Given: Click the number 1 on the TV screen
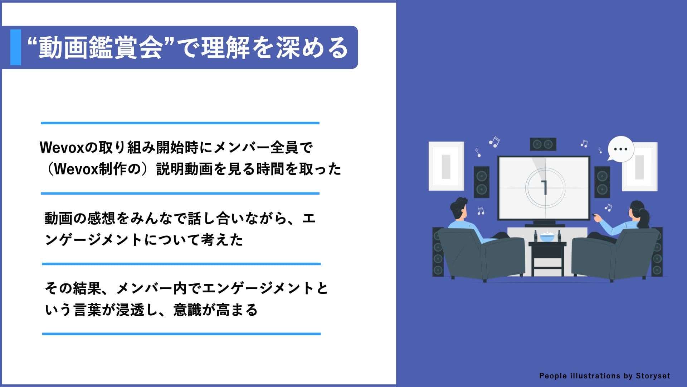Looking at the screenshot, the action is (545, 187).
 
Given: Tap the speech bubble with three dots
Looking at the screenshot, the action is (621, 148).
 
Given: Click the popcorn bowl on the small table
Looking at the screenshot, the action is (547, 236).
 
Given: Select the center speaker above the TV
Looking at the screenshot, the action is (543, 144).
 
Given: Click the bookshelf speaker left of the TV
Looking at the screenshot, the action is (482, 182).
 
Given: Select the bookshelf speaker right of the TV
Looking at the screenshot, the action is (602, 182).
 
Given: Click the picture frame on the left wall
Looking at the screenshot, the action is (446, 166).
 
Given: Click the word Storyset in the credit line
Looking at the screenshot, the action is (653, 376).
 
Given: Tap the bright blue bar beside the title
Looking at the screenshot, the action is (15, 47).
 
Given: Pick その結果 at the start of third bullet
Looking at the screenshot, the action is (73, 288).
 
